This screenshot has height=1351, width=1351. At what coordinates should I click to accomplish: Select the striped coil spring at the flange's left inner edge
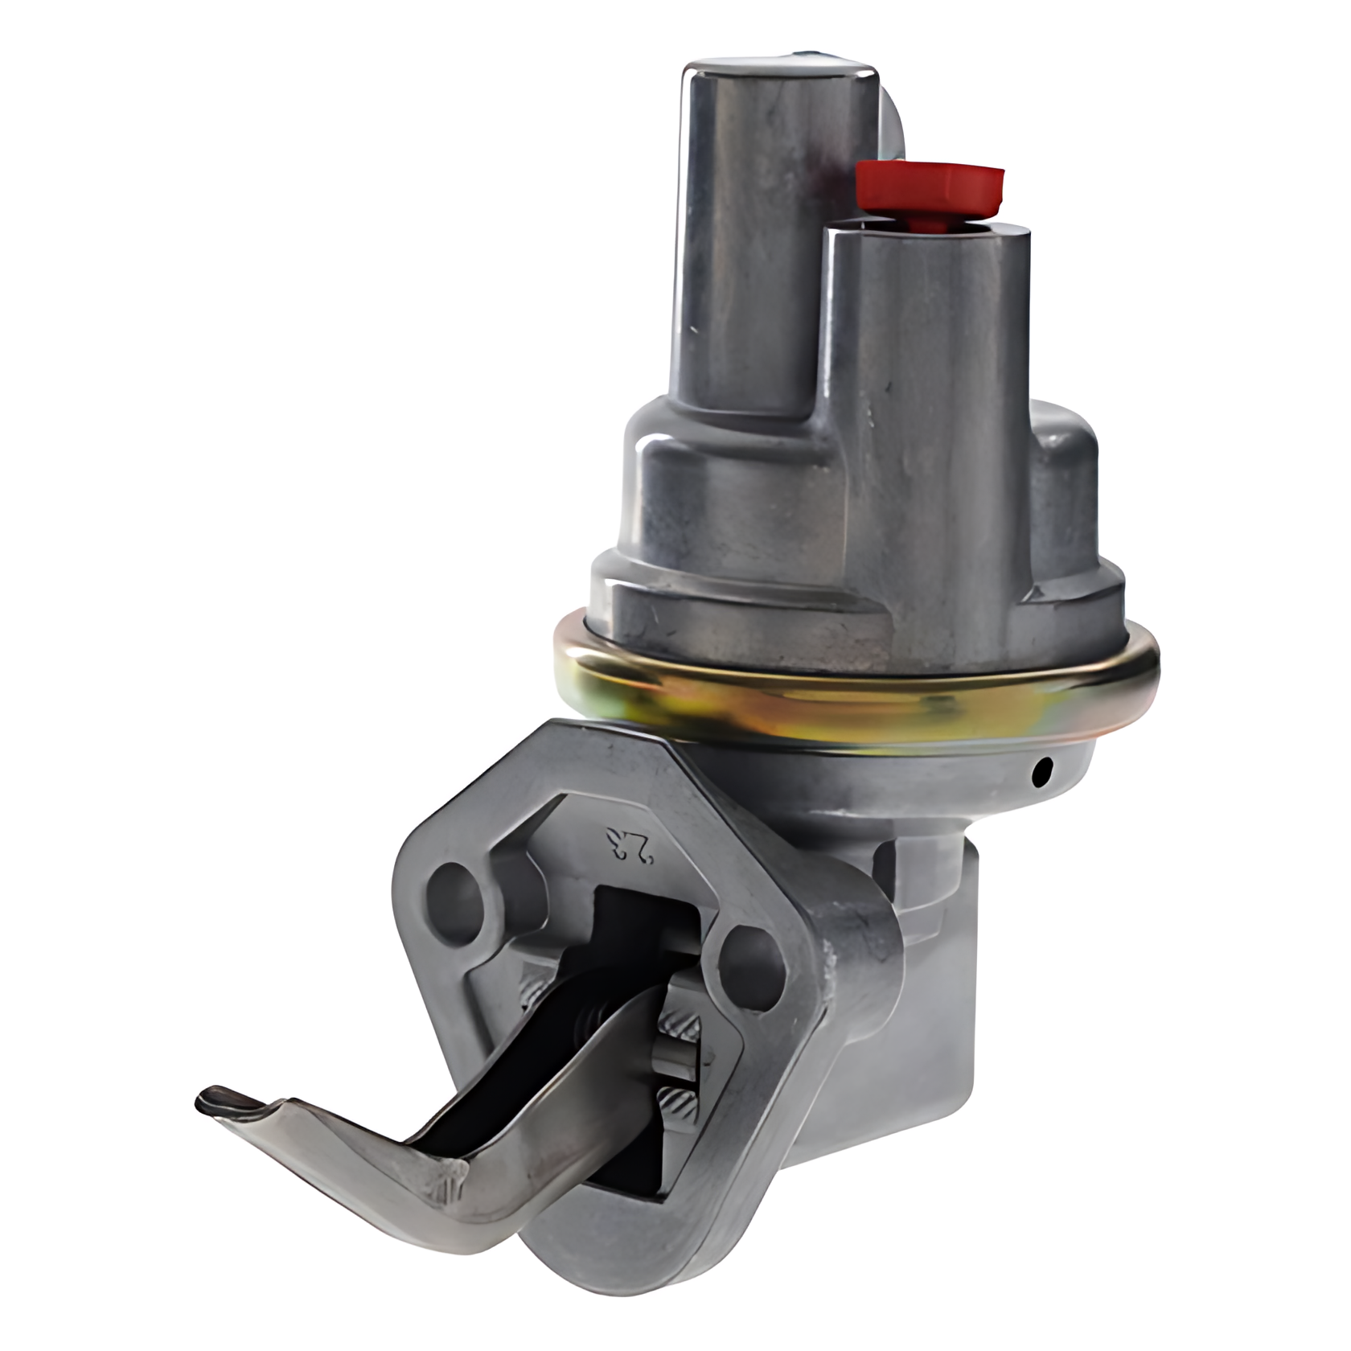531,993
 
